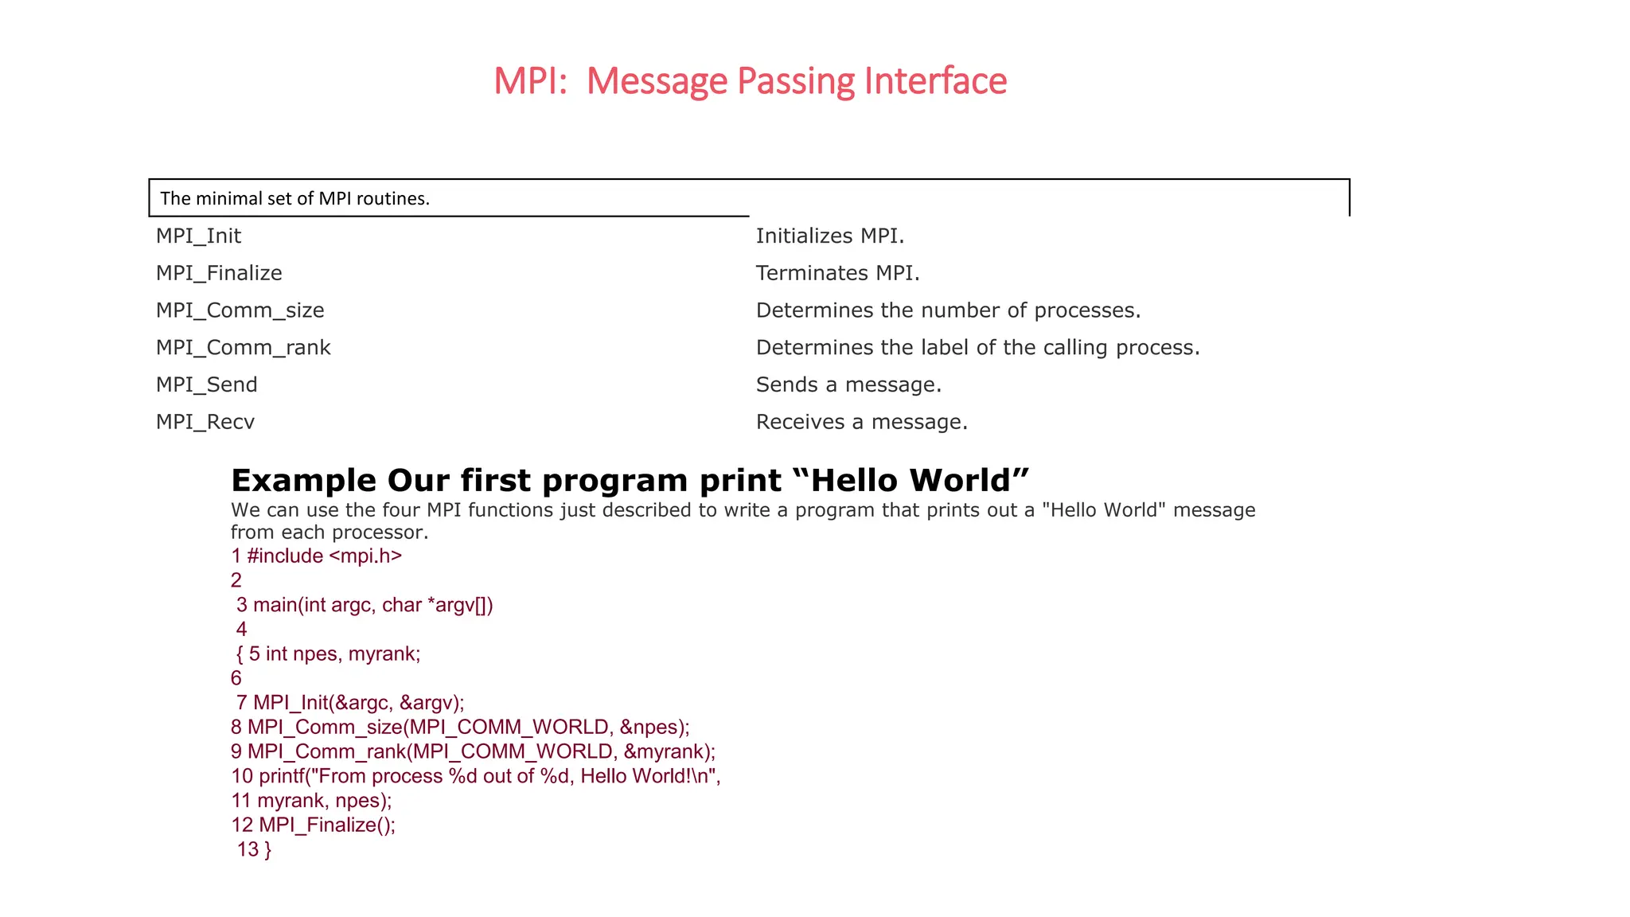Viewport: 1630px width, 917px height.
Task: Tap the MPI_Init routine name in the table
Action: (x=198, y=236)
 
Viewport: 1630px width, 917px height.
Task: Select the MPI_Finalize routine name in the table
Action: (x=219, y=274)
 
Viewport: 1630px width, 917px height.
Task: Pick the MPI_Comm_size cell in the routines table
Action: (x=240, y=310)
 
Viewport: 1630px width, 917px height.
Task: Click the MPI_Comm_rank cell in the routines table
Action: (x=243, y=348)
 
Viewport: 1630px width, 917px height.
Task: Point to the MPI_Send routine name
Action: (x=206, y=385)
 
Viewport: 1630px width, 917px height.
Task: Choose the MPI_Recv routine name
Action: (x=205, y=422)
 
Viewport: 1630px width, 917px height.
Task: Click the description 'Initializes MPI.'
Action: (x=829, y=236)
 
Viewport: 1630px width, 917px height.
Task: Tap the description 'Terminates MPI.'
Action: (x=837, y=274)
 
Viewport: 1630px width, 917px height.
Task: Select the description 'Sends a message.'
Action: (x=848, y=385)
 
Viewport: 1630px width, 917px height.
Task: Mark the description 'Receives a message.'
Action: (x=861, y=422)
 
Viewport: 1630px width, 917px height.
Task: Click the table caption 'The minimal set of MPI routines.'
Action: (x=294, y=199)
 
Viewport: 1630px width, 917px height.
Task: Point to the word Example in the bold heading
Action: (x=303, y=481)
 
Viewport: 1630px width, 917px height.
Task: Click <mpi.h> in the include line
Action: (x=365, y=556)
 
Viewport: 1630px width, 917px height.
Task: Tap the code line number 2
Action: (x=236, y=580)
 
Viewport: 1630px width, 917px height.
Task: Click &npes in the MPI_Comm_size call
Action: (x=652, y=728)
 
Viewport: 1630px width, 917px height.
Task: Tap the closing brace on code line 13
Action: (x=267, y=850)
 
